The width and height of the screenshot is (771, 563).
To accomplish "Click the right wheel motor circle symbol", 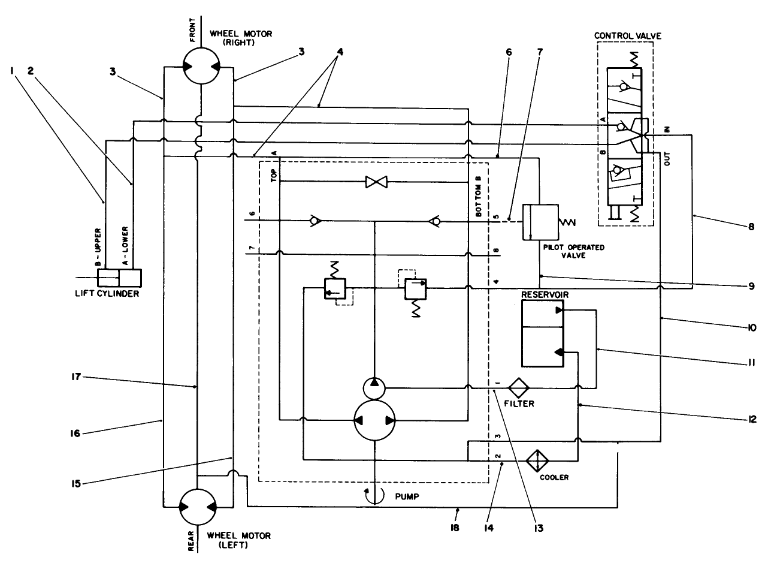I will (x=201, y=67).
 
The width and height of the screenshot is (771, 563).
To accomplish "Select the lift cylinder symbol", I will (x=119, y=279).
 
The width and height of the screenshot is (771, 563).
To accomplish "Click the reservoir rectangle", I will (x=542, y=333).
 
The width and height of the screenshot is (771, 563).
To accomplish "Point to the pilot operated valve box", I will (x=540, y=222).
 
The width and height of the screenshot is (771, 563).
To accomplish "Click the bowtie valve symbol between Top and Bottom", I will (x=377, y=181).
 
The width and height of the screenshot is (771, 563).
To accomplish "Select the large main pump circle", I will (x=374, y=420).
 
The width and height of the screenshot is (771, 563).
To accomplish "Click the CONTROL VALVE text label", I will (x=627, y=35).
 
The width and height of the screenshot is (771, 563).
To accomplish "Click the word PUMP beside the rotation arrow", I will (x=407, y=497).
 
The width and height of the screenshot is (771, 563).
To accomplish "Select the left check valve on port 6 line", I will (x=313, y=221).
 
